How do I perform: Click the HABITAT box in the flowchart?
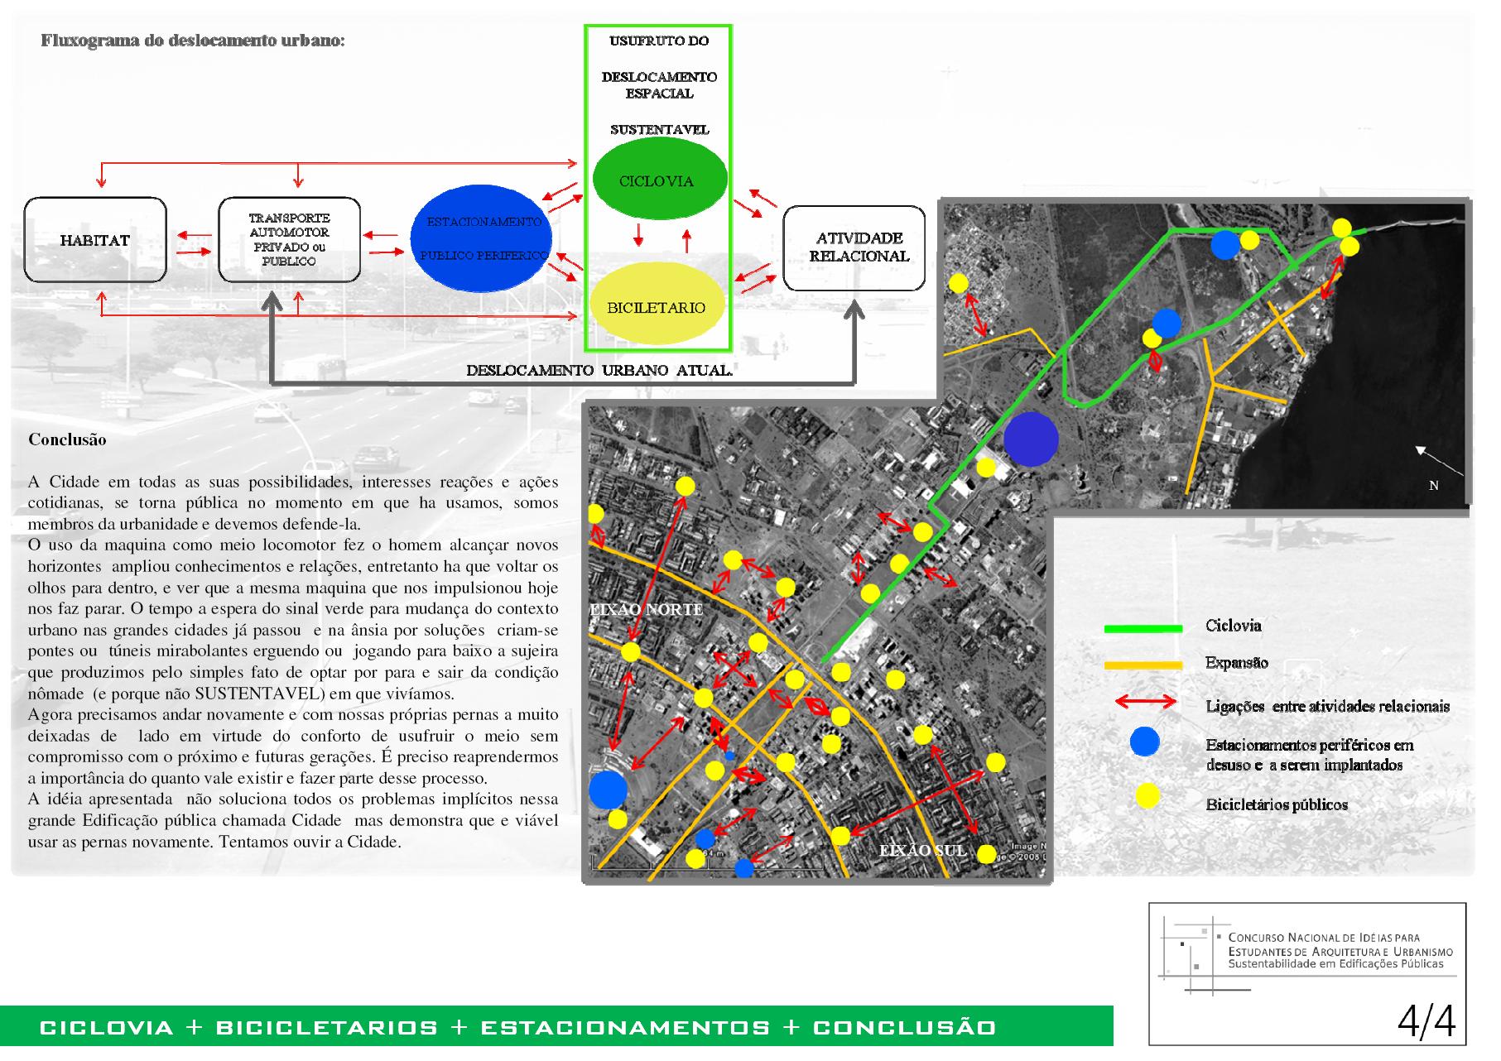[95, 240]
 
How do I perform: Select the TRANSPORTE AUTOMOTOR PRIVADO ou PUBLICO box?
[289, 240]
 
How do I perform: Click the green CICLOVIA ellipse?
[659, 180]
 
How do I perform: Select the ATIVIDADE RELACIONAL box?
[854, 248]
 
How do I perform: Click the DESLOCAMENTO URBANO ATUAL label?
[599, 371]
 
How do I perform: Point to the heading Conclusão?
[67, 439]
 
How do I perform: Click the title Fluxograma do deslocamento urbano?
[192, 41]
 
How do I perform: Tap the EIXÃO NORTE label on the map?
[646, 610]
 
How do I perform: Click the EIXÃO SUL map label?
[922, 850]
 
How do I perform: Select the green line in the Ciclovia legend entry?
[1143, 629]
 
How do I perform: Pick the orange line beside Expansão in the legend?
[1143, 665]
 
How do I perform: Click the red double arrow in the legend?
[1146, 703]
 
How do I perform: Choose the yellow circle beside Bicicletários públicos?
[1147, 796]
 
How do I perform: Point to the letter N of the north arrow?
[1434, 486]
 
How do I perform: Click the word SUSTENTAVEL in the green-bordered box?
[660, 130]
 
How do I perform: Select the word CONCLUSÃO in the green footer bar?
[904, 1028]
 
